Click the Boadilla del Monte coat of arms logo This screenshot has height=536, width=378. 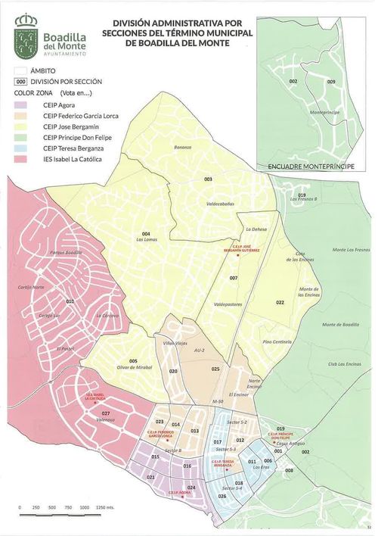29,34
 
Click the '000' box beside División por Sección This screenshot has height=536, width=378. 22,81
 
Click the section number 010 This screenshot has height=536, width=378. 70,301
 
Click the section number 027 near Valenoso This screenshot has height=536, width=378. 106,413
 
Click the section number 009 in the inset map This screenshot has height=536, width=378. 330,81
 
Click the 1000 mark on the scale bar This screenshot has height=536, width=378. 85,506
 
